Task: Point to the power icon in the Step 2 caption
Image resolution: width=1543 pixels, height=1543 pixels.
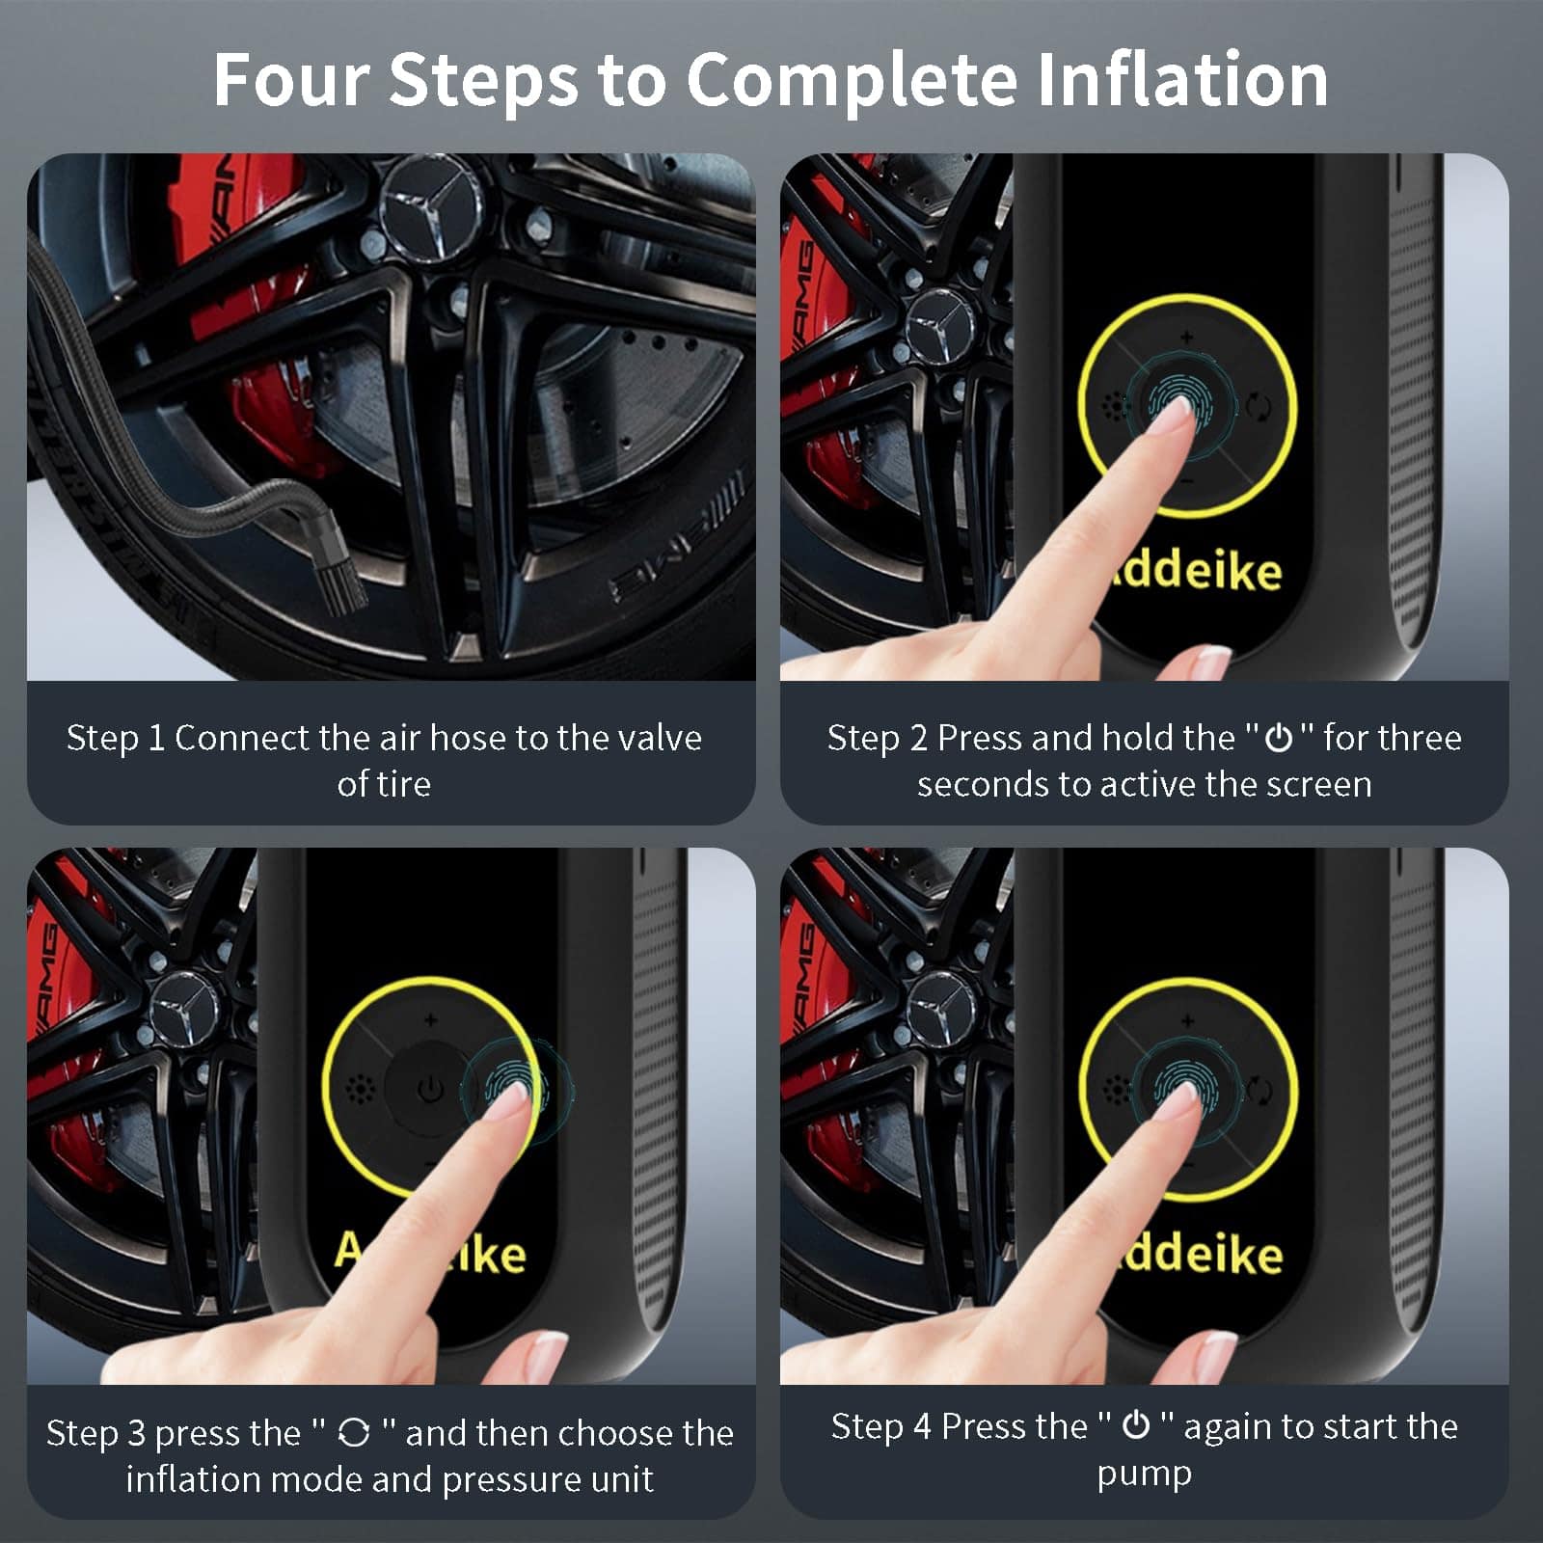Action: click(1279, 739)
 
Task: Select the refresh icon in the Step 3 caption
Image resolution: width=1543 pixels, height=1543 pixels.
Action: click(354, 1433)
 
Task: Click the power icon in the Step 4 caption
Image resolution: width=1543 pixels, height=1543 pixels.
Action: click(1137, 1425)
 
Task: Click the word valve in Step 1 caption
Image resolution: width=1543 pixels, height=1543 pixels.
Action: click(660, 738)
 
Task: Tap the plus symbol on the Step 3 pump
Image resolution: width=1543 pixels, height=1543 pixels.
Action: click(430, 1019)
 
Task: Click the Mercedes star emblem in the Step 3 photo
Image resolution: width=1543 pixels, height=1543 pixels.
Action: click(182, 1008)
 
